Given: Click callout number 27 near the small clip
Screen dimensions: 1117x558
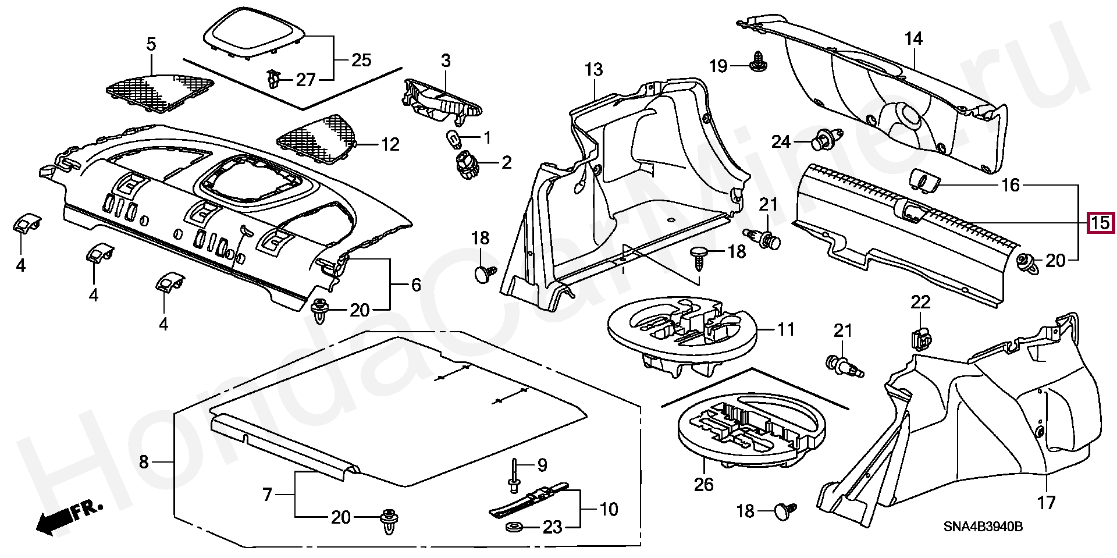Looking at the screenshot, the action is point(305,80).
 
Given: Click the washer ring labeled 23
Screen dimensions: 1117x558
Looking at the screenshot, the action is point(514,527).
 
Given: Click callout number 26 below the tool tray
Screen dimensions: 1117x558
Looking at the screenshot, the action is point(705,484).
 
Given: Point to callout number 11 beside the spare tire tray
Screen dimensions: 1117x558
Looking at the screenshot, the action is point(786,330).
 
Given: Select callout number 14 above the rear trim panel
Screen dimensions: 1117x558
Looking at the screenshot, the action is point(913,39).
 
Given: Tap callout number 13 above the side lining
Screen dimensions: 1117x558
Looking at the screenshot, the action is point(594,70).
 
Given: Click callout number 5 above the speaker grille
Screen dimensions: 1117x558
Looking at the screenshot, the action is point(151,44).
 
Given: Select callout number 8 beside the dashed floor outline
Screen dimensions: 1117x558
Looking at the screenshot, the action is point(144,463).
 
